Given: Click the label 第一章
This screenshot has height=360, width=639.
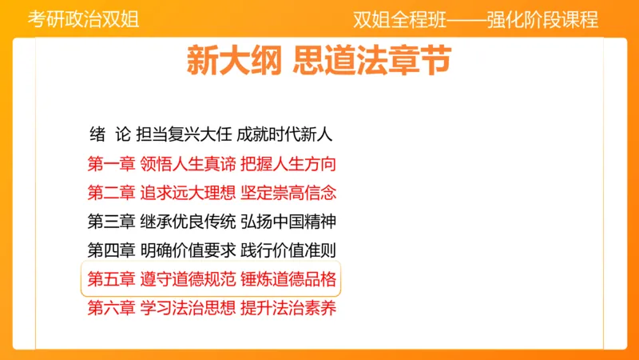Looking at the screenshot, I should [x=111, y=164].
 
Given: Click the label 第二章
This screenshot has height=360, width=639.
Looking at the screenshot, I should [x=111, y=193].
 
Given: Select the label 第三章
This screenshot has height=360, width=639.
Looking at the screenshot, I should [x=111, y=222].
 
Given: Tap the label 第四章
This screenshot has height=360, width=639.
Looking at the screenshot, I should [x=111, y=250].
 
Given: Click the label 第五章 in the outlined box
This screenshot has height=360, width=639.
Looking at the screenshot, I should [x=111, y=279].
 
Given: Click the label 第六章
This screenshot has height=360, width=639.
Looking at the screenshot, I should [x=111, y=308].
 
